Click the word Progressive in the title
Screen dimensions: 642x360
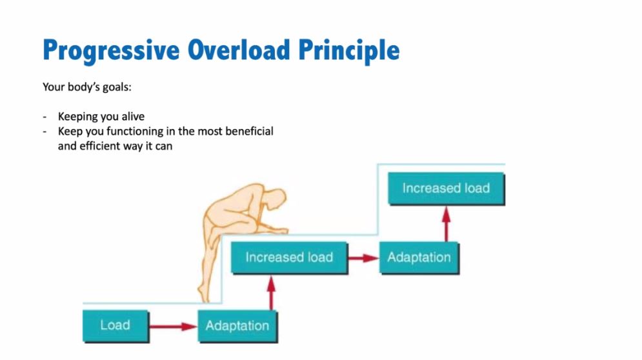111,51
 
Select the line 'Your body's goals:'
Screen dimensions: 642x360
87,87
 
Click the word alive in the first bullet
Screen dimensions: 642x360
133,116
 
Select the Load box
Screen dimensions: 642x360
115,326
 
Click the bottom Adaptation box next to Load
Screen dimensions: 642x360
237,326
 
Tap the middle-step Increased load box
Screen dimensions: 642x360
290,257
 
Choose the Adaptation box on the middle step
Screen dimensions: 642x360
419,257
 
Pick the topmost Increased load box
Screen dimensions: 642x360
446,188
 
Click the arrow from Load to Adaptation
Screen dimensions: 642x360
173,326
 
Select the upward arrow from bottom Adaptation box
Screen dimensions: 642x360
270,293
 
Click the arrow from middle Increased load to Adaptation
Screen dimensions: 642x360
363,258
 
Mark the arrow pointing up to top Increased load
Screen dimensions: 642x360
446,224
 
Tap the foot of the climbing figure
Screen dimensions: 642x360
203,292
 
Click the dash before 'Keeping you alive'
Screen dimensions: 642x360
45,117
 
